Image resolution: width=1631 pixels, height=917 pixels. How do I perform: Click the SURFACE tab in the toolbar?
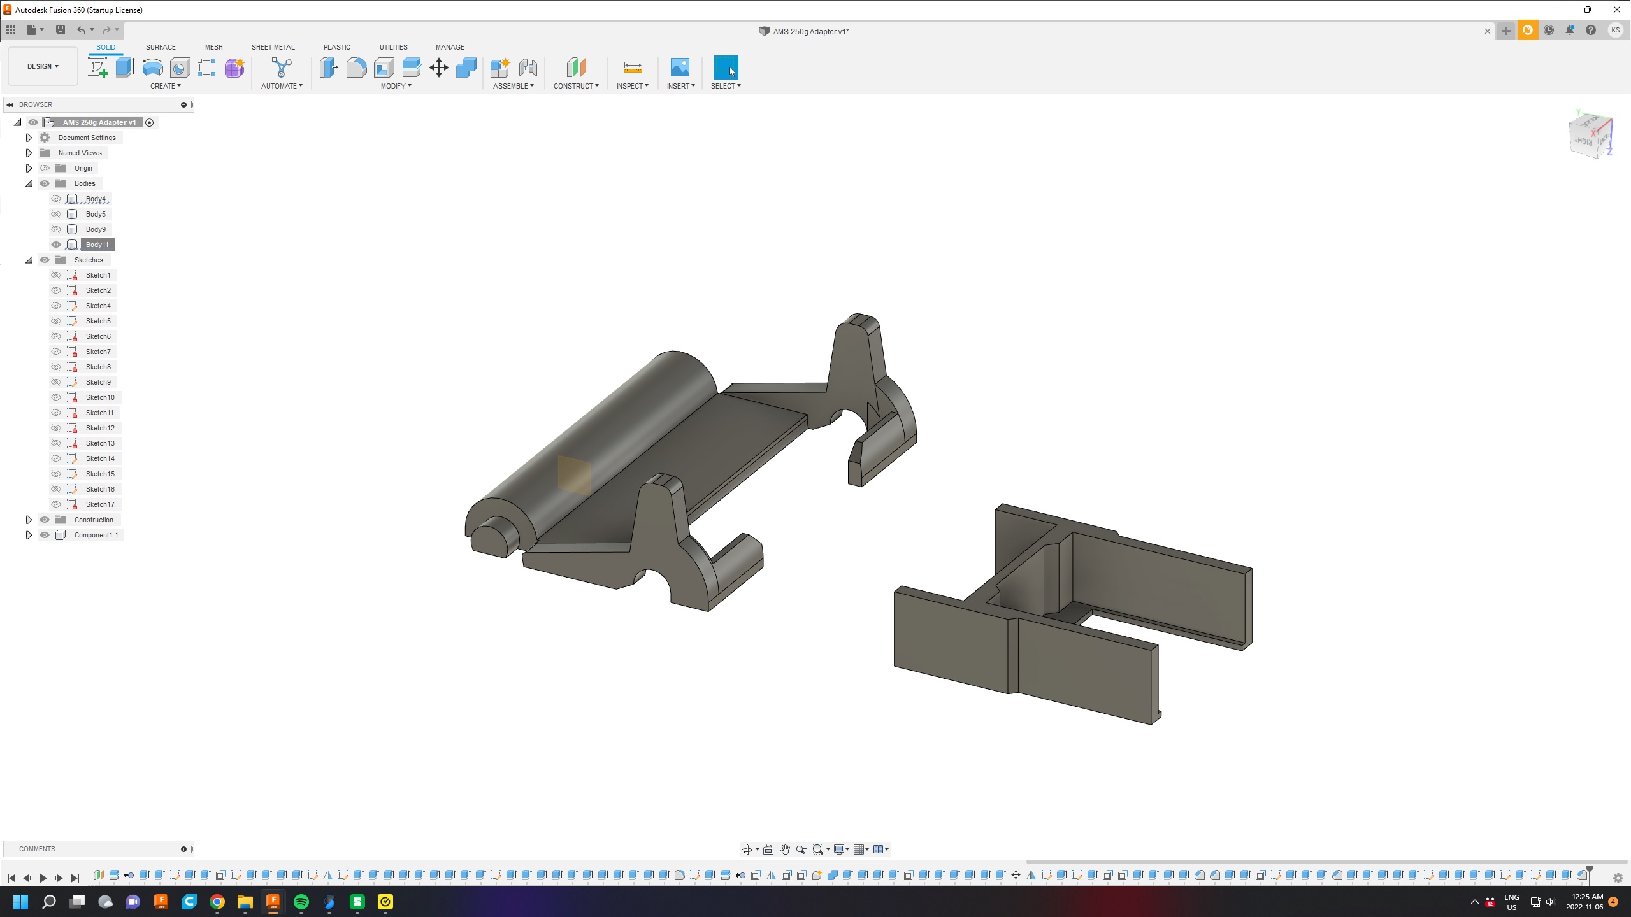161,47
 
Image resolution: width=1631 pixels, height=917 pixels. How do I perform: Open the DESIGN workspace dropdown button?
43,66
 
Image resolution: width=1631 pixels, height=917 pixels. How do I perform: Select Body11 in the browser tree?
97,245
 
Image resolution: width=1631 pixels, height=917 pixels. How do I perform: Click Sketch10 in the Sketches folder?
100,397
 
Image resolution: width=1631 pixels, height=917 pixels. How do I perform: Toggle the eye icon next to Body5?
56,214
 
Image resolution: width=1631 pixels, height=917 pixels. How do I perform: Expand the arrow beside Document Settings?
29,138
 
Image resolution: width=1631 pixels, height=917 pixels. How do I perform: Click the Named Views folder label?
80,153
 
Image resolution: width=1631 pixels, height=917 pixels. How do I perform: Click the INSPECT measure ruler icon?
633,68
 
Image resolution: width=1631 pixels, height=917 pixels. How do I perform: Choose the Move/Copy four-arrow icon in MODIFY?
439,68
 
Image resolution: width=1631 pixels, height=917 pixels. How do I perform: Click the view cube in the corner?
1590,135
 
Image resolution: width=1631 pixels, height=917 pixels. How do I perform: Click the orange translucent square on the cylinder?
574,474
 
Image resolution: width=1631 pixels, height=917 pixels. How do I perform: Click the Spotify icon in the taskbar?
301,902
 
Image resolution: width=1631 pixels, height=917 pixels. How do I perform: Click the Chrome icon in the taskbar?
217,902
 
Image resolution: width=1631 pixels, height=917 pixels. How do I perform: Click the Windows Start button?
20,902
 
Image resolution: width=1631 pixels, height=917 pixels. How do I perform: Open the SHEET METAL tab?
273,47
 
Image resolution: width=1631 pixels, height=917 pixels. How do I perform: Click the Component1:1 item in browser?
96,535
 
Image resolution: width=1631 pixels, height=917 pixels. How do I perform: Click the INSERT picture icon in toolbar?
680,68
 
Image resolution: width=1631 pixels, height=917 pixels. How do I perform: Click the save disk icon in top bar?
61,30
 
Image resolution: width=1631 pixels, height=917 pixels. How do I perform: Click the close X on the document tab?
1488,31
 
